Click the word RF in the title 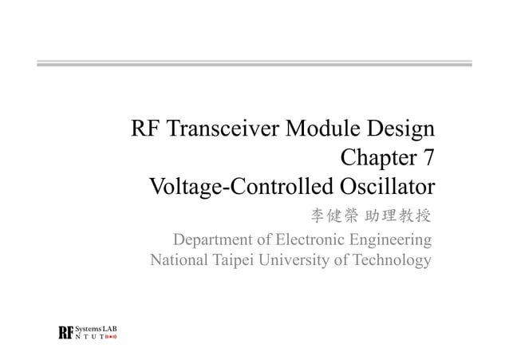pos(145,129)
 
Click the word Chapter pos(379,159)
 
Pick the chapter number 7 pos(428,159)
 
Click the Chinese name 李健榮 pos(333,216)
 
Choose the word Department pos(213,240)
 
